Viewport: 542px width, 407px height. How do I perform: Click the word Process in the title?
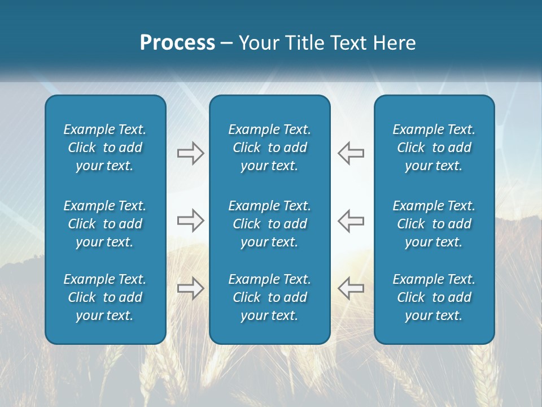coord(177,43)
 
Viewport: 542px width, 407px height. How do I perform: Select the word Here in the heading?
coord(394,43)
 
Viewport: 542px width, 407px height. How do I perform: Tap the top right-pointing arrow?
coord(190,153)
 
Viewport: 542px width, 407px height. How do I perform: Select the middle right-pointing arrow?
coord(190,220)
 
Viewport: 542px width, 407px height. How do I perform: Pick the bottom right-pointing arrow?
coord(190,288)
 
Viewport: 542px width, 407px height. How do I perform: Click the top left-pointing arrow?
coord(351,153)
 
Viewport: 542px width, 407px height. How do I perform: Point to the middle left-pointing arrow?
coord(351,220)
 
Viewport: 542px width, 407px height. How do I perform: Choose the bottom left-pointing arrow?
coord(351,288)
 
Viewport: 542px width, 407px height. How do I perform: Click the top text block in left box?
coord(105,148)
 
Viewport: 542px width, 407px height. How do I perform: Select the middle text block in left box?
coord(105,224)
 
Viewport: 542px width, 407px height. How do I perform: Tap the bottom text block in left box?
coord(105,297)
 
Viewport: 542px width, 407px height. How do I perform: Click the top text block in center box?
coord(270,148)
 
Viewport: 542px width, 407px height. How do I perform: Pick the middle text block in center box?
coord(270,224)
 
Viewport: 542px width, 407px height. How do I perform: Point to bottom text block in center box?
coord(270,297)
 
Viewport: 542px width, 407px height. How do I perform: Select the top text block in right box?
coord(434,148)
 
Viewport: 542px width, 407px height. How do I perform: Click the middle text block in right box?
coord(434,224)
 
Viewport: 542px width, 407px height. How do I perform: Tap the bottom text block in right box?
coord(434,297)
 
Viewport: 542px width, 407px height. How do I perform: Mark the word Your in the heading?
coord(258,43)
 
